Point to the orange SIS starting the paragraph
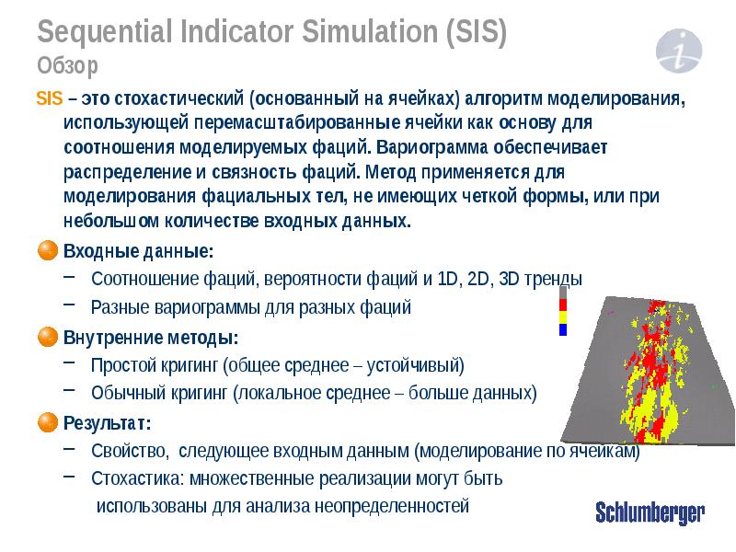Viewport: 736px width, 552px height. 48,98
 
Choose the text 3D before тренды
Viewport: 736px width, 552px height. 507,279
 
